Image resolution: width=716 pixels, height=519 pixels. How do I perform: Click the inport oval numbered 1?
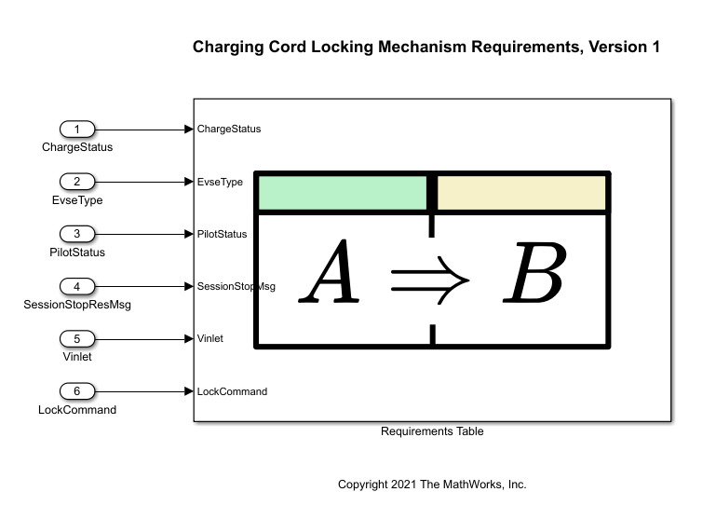click(77, 129)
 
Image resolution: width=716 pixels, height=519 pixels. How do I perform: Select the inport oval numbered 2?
click(77, 182)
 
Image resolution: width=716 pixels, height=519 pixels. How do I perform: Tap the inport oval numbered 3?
click(77, 234)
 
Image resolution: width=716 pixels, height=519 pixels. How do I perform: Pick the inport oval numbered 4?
click(77, 286)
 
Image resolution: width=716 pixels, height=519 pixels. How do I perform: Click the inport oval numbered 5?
click(77, 339)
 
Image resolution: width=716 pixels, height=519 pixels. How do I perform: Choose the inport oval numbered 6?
click(77, 391)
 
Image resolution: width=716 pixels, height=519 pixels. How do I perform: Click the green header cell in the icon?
click(341, 193)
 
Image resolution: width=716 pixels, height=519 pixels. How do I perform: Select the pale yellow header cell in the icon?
click(521, 193)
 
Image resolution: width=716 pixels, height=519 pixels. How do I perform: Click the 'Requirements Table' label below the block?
click(432, 431)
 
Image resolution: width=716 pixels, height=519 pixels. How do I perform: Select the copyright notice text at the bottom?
click(432, 485)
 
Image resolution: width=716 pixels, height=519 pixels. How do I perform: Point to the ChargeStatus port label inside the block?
click(229, 129)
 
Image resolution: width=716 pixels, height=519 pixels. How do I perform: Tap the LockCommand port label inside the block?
click(232, 391)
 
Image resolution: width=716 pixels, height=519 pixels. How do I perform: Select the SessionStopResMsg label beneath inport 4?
click(77, 304)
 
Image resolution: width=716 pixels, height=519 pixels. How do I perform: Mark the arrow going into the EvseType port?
click(144, 182)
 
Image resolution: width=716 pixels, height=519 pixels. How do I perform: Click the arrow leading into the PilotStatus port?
click(144, 234)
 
